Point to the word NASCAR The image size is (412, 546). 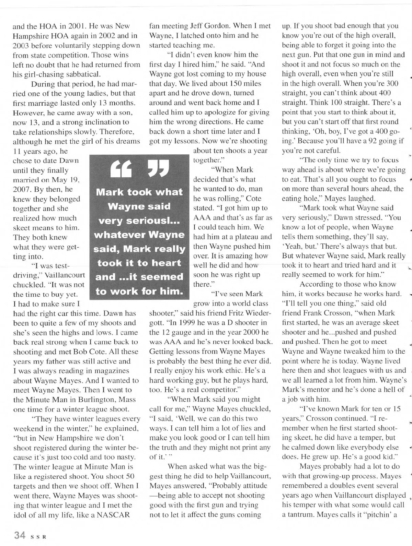[113, 514]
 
